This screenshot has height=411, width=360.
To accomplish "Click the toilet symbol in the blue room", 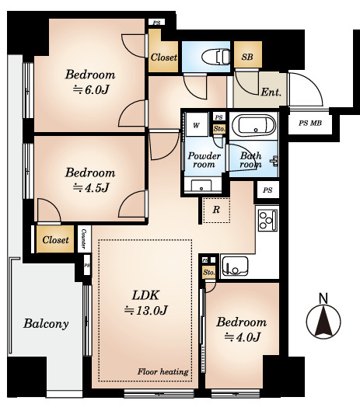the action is pyautogui.click(x=215, y=57).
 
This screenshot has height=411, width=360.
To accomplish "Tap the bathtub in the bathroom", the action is pyautogui.click(x=253, y=125).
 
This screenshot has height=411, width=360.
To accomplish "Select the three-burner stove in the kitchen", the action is pyautogui.click(x=267, y=220).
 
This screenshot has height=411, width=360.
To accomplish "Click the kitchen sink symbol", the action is pyautogui.click(x=235, y=266).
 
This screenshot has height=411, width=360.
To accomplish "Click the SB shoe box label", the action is pyautogui.click(x=247, y=57).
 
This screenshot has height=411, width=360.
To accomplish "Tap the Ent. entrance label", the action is pyautogui.click(x=271, y=92).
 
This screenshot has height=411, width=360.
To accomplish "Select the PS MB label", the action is pyautogui.click(x=310, y=123).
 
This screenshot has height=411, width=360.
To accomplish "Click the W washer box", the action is pyautogui.click(x=197, y=125).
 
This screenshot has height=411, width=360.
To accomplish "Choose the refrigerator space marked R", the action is pyautogui.click(x=216, y=211).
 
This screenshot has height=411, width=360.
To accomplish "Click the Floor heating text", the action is pyautogui.click(x=163, y=371).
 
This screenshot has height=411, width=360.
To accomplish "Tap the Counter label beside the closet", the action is pyautogui.click(x=84, y=239).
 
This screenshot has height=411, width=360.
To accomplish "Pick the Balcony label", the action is pyautogui.click(x=46, y=323).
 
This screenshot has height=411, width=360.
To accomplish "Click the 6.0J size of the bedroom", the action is pyautogui.click(x=91, y=90).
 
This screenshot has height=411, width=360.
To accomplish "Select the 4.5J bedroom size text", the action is pyautogui.click(x=91, y=188).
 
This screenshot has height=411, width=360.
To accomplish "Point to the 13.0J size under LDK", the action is pyautogui.click(x=146, y=310).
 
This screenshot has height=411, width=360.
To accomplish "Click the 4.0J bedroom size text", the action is pyautogui.click(x=242, y=337).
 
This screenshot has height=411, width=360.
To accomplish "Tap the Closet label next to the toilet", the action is pyautogui.click(x=164, y=57).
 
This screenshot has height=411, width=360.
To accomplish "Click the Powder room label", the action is pyautogui.click(x=204, y=160).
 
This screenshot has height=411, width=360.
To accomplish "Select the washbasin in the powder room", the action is pyautogui.click(x=201, y=186).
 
